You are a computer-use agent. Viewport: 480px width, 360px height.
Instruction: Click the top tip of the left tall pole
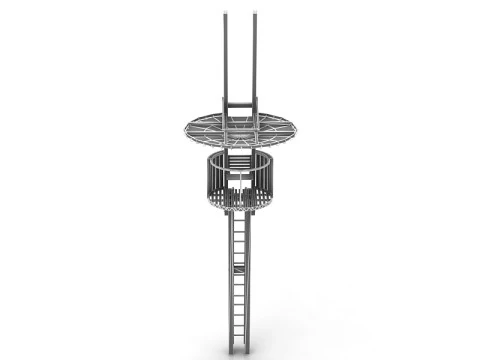click(x=225, y=14)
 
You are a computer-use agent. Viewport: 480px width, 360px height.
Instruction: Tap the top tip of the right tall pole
click(x=256, y=14)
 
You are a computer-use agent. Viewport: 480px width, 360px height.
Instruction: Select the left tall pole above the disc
click(x=225, y=60)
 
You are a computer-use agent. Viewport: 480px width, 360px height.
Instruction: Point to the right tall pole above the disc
click(x=256, y=60)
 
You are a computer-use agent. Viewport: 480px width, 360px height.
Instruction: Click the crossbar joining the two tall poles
click(x=240, y=105)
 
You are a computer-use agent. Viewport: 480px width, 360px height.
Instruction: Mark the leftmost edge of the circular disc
click(x=184, y=130)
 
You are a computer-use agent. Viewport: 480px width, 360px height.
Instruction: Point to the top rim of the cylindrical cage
click(x=240, y=152)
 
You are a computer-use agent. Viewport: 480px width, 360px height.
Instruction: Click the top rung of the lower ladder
click(x=238, y=217)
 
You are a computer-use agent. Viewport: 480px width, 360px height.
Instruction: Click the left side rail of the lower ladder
click(x=231, y=290)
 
